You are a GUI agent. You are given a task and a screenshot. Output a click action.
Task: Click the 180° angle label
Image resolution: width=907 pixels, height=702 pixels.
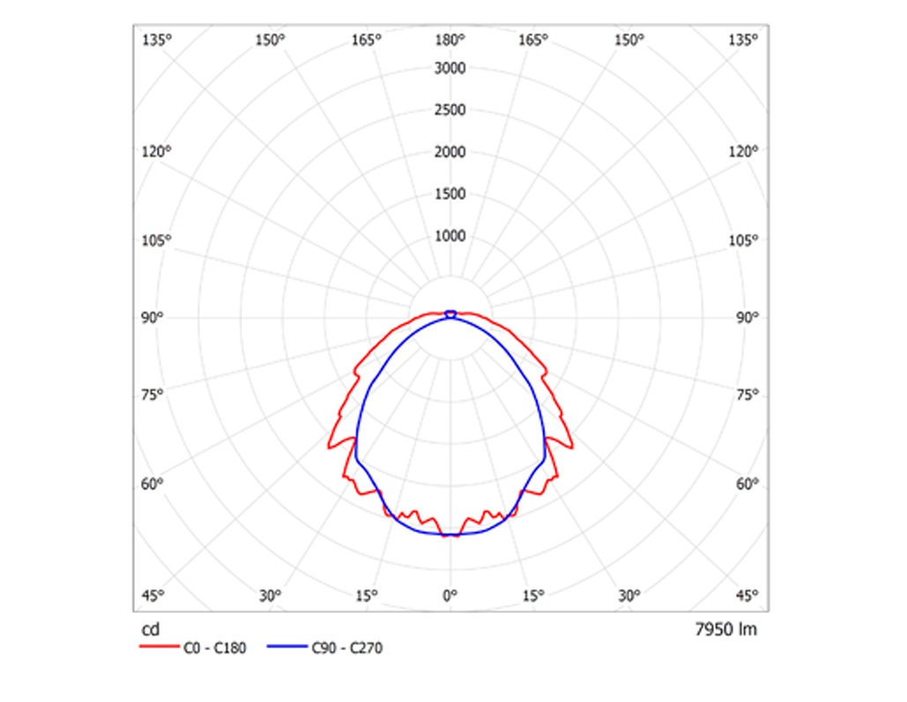pyautogui.click(x=450, y=40)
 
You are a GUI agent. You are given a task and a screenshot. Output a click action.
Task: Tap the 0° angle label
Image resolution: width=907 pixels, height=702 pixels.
pyautogui.click(x=450, y=595)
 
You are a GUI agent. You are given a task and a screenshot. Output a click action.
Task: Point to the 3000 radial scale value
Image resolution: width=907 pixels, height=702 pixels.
pyautogui.click(x=450, y=69)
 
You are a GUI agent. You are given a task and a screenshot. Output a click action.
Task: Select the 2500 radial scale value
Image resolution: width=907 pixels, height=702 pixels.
pyautogui.click(x=450, y=111)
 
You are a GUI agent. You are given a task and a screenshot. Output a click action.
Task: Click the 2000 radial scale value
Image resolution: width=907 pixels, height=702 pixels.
pyautogui.click(x=450, y=152)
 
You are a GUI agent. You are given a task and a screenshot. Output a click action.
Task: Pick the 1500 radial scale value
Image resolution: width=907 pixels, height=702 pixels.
pyautogui.click(x=450, y=194)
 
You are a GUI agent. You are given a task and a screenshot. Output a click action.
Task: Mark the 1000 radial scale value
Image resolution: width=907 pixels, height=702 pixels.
pyautogui.click(x=450, y=236)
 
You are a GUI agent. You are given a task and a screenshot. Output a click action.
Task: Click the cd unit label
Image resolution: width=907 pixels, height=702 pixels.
pyautogui.click(x=150, y=630)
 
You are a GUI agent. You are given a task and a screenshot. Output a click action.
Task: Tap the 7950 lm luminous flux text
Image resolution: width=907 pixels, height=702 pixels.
pyautogui.click(x=725, y=630)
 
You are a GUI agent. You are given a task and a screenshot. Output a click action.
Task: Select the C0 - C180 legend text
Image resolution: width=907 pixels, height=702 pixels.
pyautogui.click(x=214, y=649)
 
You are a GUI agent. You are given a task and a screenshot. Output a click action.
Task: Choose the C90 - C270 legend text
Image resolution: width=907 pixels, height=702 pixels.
pyautogui.click(x=347, y=649)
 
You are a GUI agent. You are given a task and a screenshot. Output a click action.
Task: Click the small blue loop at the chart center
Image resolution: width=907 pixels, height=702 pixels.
pyautogui.click(x=450, y=313)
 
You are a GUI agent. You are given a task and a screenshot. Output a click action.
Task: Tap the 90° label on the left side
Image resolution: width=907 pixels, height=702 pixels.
pyautogui.click(x=153, y=318)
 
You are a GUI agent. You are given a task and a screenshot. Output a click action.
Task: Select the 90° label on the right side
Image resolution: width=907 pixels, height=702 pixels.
pyautogui.click(x=747, y=318)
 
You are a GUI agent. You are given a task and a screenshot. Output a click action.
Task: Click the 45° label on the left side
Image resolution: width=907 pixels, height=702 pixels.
pyautogui.click(x=153, y=595)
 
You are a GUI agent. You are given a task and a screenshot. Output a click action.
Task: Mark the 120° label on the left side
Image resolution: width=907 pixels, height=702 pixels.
pyautogui.click(x=156, y=151)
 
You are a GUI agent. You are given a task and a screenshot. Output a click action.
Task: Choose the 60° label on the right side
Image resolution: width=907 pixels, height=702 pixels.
pyautogui.click(x=747, y=484)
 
